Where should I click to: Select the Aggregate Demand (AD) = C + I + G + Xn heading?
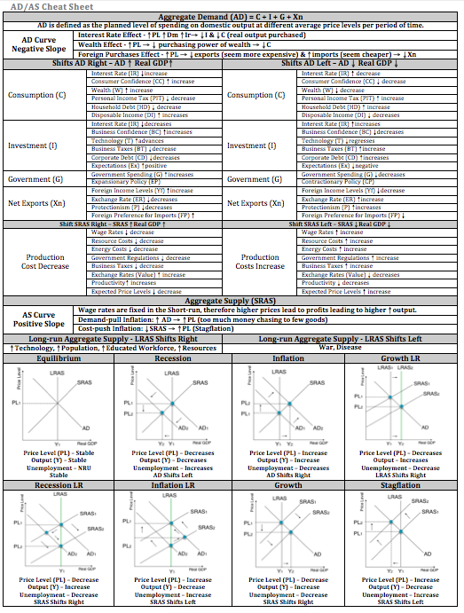pos(232,18)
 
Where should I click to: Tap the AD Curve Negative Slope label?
pos(36,43)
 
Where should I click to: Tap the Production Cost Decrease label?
pos(43,263)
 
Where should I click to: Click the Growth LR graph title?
pos(402,358)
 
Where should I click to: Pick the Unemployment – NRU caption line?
pos(57,468)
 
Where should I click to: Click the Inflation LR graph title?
pos(172,486)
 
